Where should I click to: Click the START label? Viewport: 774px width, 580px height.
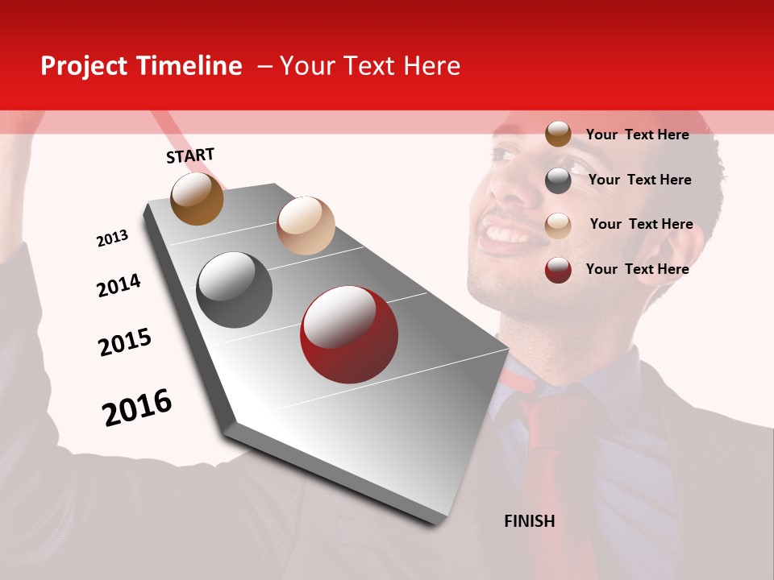(190, 155)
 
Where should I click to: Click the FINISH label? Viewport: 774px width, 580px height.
(529, 521)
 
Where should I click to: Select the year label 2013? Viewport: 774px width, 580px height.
(112, 238)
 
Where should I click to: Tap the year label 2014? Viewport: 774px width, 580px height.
(119, 286)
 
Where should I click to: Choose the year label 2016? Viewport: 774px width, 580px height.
(137, 408)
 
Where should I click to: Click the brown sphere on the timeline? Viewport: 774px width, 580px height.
(197, 198)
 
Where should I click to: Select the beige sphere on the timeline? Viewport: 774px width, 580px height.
(306, 225)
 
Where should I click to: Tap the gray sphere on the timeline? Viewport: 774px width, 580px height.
(234, 289)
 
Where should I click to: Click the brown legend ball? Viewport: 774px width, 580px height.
(558, 134)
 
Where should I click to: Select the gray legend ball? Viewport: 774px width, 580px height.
(558, 180)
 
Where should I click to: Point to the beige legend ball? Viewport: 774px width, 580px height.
(558, 225)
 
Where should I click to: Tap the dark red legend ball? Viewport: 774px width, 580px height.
(558, 270)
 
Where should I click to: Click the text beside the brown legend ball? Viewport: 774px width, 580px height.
(637, 135)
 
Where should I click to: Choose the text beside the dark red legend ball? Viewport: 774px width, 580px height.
(637, 269)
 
